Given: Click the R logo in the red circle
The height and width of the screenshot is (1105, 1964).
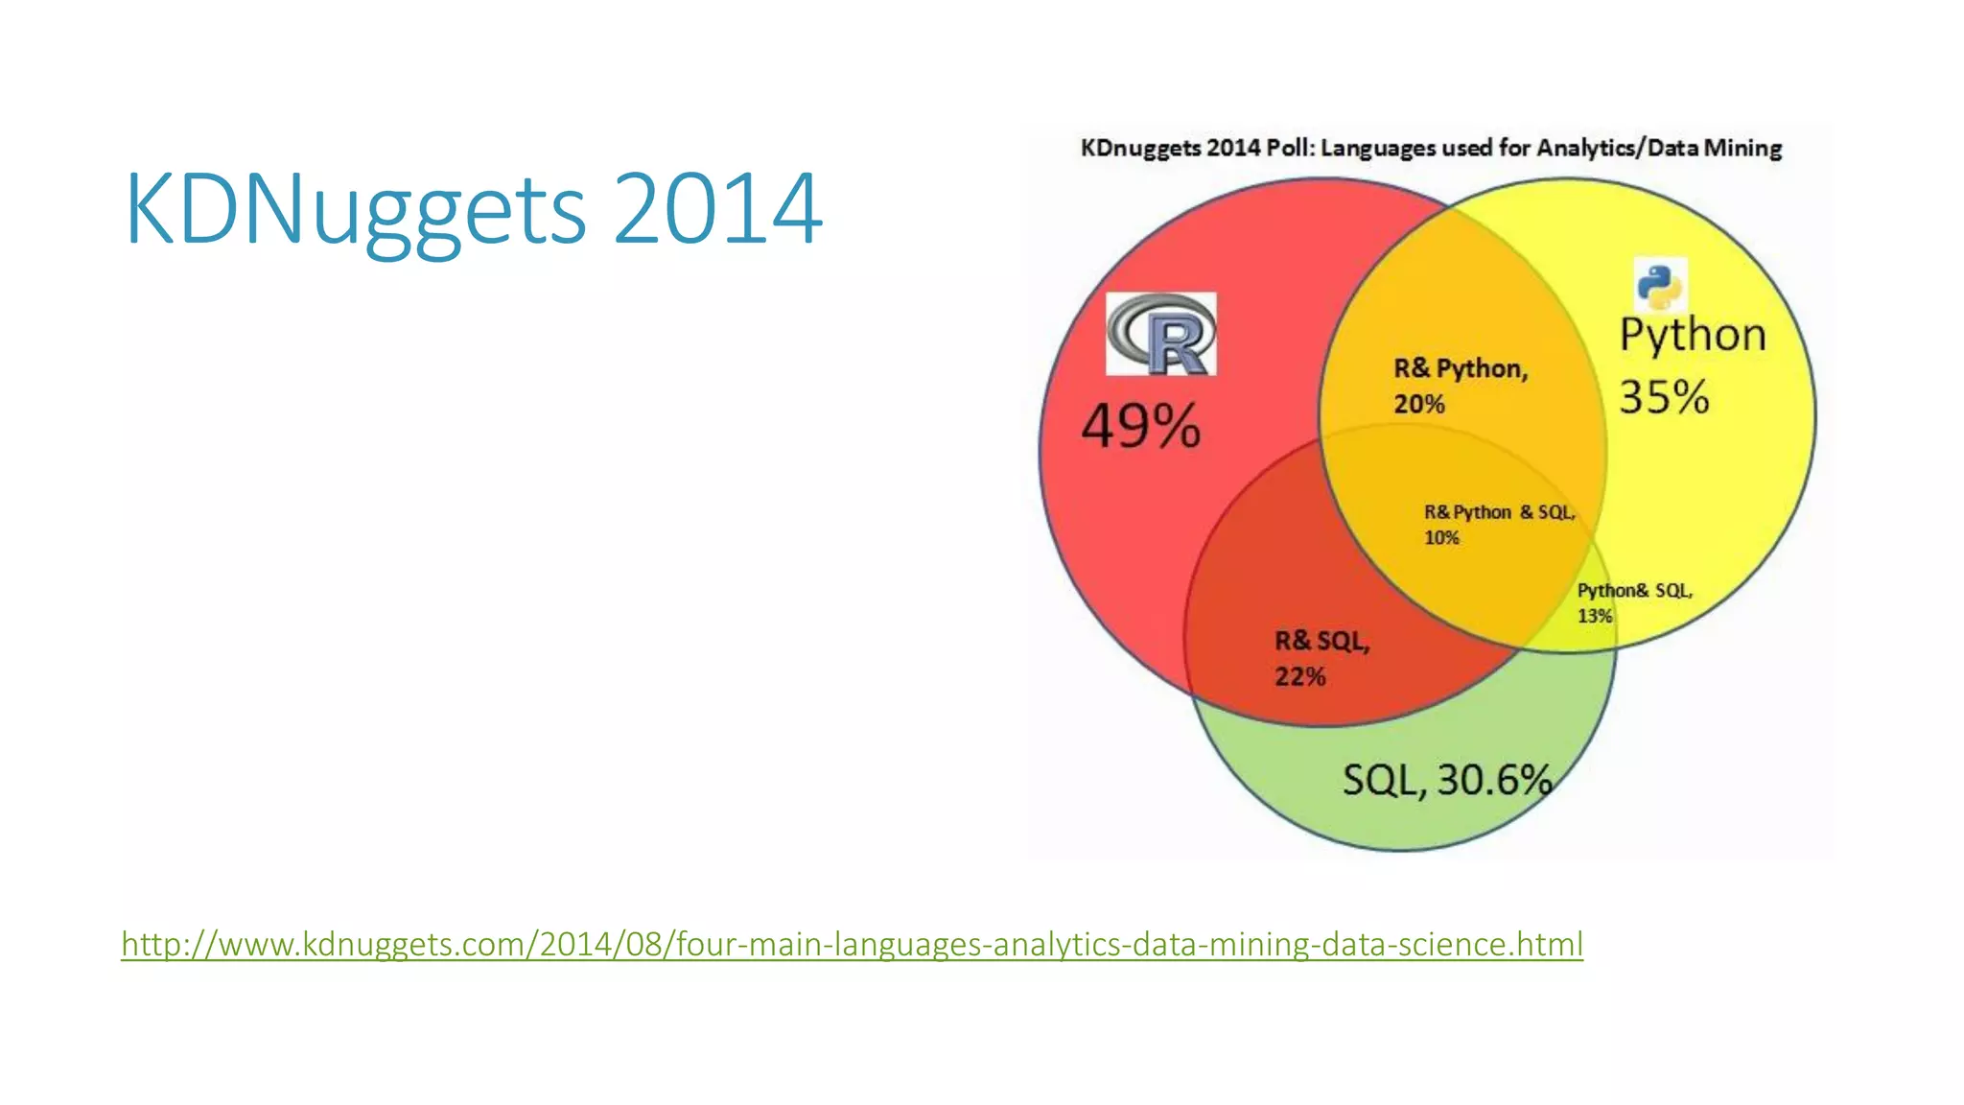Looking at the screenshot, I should coord(1160,334).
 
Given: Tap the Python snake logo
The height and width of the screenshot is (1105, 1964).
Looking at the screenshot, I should coord(1659,285).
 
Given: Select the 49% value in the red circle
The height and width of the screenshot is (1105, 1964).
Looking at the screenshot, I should coord(1140,426).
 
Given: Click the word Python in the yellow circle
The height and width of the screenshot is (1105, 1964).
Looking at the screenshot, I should coord(1693,336).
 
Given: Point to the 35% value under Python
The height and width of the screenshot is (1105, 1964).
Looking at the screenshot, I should coord(1664,397).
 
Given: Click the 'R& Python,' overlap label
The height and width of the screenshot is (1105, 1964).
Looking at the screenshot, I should coord(1460,368).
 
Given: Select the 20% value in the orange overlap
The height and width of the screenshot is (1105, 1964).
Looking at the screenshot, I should coord(1418,404).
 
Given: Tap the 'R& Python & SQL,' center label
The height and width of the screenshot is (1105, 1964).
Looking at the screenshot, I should coord(1499,512).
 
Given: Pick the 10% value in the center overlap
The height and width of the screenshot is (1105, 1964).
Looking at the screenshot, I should coord(1440,538).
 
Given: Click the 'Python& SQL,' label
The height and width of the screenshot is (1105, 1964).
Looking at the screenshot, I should coord(1634,591).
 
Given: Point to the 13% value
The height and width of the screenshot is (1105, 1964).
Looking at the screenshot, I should coord(1595,616).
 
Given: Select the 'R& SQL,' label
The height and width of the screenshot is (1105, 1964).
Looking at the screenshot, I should coord(1321,641).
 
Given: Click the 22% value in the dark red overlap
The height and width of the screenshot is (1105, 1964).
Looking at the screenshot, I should coord(1299,676).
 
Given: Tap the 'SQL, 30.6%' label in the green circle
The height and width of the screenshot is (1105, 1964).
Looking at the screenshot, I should coord(1446,780).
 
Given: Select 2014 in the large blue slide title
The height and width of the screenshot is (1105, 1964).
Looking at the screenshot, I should coord(716,209).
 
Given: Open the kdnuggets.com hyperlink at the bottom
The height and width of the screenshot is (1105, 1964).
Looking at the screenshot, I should coord(852,944).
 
